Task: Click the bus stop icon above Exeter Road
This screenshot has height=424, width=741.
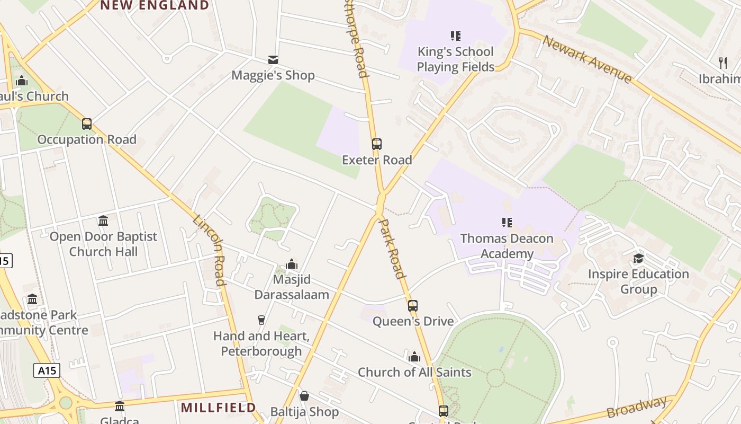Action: (376, 144)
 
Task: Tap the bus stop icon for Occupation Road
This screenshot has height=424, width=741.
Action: (87, 124)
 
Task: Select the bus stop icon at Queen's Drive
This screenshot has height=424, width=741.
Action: (413, 305)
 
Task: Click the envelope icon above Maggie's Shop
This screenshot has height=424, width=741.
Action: (273, 60)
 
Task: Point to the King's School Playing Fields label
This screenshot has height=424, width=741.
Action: (455, 59)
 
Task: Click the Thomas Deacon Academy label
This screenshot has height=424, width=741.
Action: (507, 246)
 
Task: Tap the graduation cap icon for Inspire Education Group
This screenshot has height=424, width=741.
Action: (638, 259)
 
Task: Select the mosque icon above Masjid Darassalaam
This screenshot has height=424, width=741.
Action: (292, 264)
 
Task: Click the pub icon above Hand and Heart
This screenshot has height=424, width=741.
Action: (261, 320)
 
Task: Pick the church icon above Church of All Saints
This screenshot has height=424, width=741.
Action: (414, 356)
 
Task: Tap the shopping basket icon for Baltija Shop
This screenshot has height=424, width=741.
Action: (304, 396)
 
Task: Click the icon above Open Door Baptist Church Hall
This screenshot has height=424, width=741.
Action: (103, 220)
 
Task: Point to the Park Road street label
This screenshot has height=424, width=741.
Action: (393, 249)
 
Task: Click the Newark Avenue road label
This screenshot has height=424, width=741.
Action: (587, 59)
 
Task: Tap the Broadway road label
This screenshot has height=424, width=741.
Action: (637, 407)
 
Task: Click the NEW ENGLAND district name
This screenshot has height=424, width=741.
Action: (155, 5)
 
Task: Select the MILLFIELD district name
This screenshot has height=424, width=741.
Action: (219, 408)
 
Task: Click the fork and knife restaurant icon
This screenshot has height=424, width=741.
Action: (723, 63)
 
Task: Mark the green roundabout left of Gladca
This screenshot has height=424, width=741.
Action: (65, 403)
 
